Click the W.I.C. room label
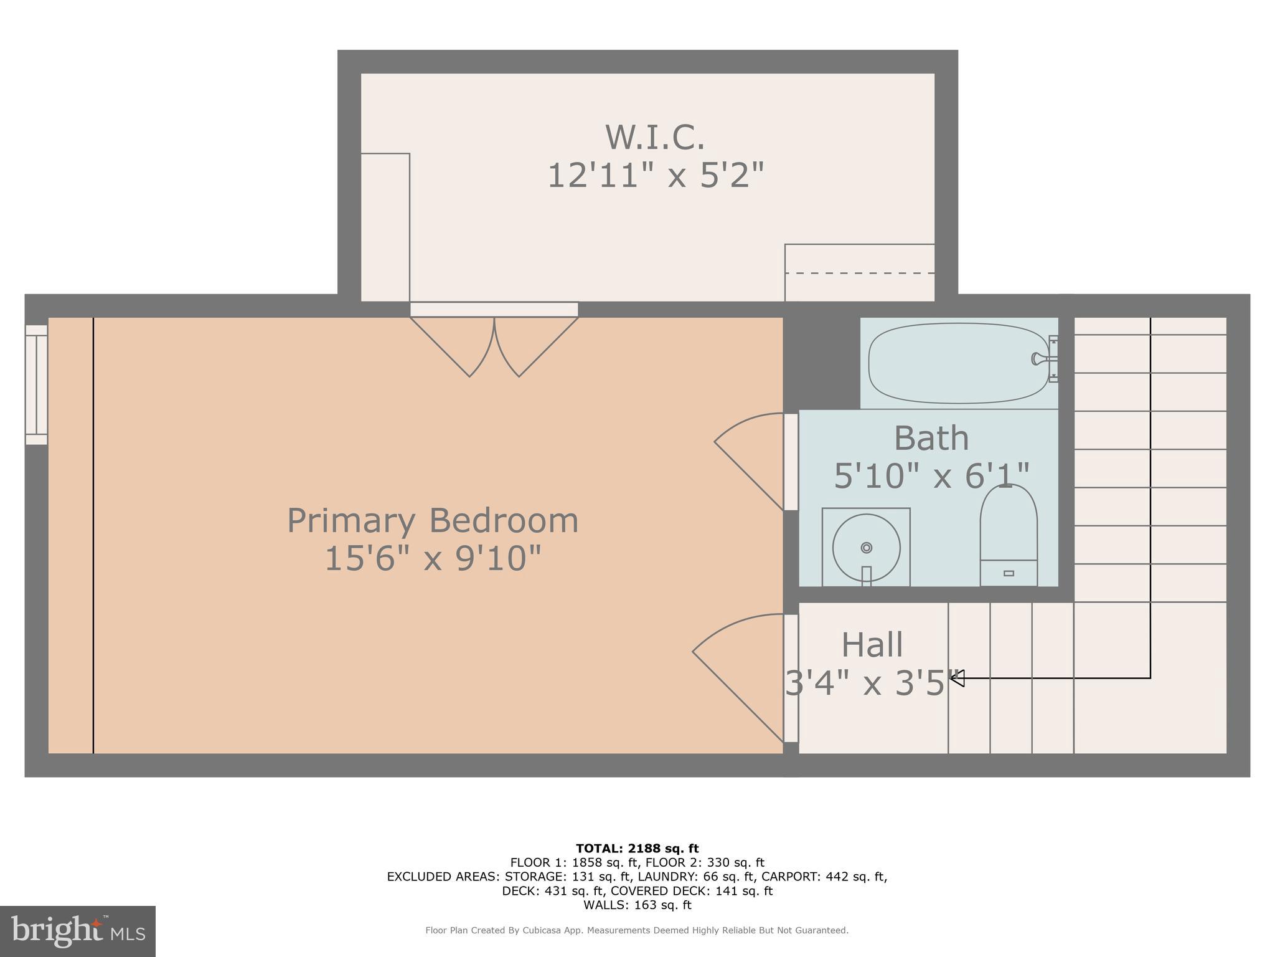click(655, 137)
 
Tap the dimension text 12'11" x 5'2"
click(655, 175)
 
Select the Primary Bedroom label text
click(433, 520)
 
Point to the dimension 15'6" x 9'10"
click(433, 558)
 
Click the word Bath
click(931, 439)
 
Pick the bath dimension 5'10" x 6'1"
click(931, 476)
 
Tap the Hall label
click(872, 645)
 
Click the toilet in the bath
click(1009, 536)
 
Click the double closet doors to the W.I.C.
click(494, 346)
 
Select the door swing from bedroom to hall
click(738, 676)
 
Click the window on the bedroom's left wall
click(36, 384)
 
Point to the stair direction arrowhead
click(957, 678)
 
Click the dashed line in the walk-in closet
click(859, 273)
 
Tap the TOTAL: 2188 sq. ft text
click(637, 849)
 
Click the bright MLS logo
click(78, 931)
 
